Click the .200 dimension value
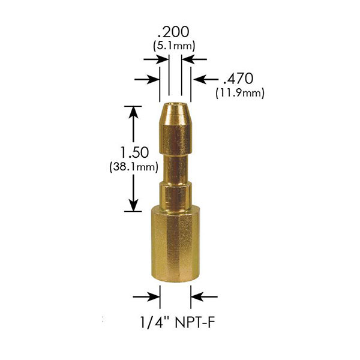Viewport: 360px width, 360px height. (x=175, y=31)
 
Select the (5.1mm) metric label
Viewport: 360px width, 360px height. (x=175, y=45)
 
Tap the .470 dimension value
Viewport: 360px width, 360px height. (x=238, y=79)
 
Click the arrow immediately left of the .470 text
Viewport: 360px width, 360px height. (x=204, y=79)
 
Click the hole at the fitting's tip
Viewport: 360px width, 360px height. (x=175, y=108)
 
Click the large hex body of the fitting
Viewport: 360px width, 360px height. (x=175, y=246)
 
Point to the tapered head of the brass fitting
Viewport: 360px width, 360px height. (x=175, y=129)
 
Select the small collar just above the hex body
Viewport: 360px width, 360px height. (x=175, y=194)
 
